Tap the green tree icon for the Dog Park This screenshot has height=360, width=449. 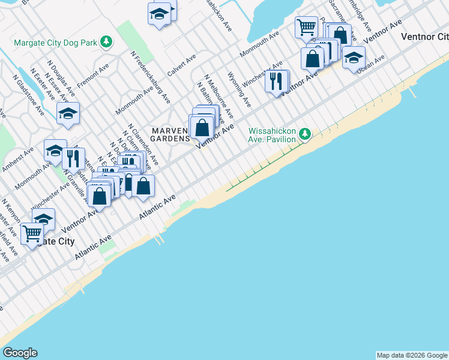(x=106, y=41)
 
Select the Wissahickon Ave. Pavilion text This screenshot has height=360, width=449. (x=273, y=135)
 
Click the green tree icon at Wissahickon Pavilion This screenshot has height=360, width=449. (x=306, y=133)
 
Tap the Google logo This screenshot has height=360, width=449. (x=20, y=353)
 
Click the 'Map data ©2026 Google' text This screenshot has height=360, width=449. (x=411, y=355)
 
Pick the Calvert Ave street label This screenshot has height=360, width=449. (x=182, y=65)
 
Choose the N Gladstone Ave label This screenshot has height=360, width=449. (x=28, y=95)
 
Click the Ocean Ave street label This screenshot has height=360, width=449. (x=370, y=65)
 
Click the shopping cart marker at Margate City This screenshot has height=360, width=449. (x=32, y=233)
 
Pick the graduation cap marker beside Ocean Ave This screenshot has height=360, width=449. (x=354, y=57)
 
